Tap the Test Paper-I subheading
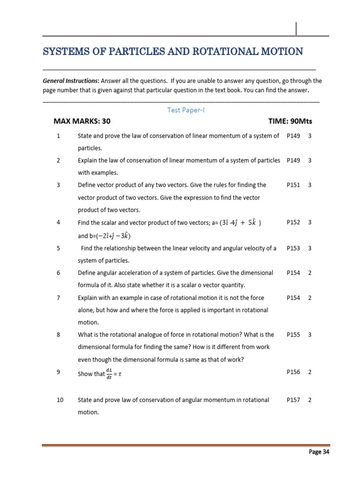click(x=186, y=110)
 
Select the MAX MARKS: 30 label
click(x=82, y=121)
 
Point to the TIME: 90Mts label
click(x=290, y=121)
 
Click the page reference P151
click(x=293, y=185)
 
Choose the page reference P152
click(x=293, y=223)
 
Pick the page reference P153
click(x=293, y=248)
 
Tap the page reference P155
click(x=293, y=335)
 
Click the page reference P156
click(x=293, y=372)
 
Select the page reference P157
click(x=293, y=400)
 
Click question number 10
click(x=60, y=400)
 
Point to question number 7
click(x=58, y=298)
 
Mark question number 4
click(x=58, y=223)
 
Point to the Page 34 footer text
click(x=319, y=452)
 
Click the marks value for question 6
click(x=309, y=273)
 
